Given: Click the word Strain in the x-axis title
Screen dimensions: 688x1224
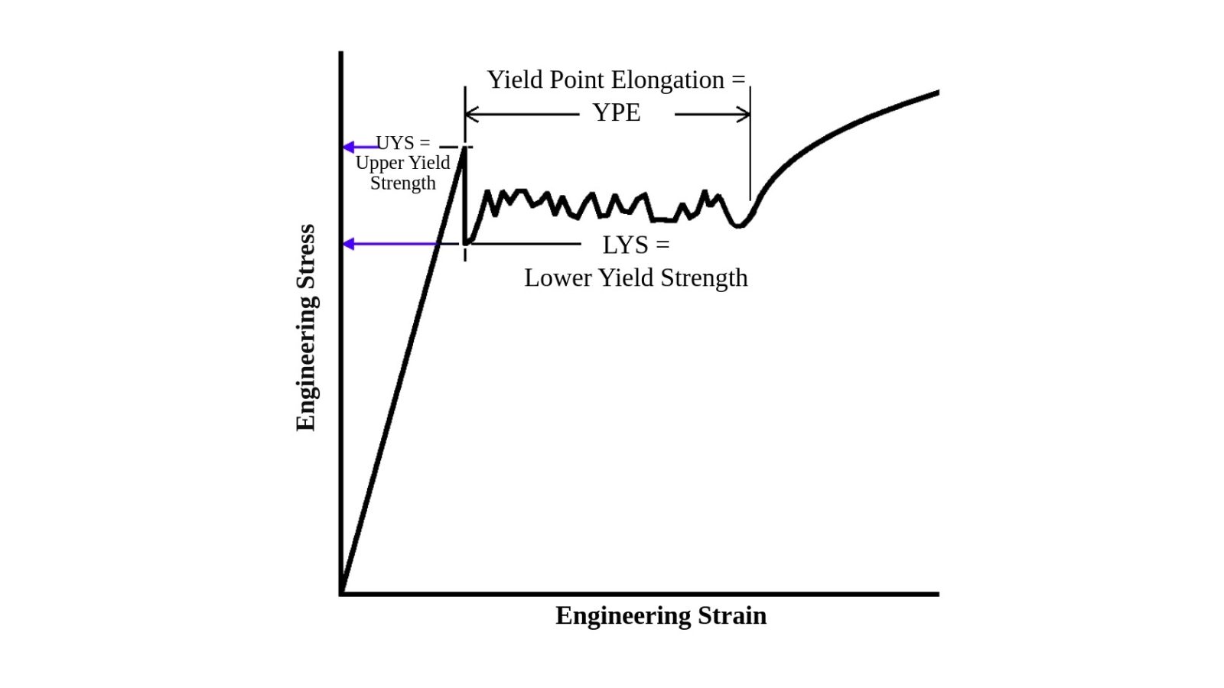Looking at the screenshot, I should pyautogui.click(x=731, y=615).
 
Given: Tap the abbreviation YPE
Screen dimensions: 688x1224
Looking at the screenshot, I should pyautogui.click(x=617, y=113).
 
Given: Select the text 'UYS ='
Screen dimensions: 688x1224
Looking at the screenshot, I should pyautogui.click(x=403, y=143).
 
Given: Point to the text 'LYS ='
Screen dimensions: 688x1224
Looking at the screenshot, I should pyautogui.click(x=636, y=245).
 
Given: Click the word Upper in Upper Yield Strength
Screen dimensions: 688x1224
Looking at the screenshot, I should pyautogui.click(x=380, y=163).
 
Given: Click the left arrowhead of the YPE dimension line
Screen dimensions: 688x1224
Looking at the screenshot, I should pyautogui.click(x=469, y=115).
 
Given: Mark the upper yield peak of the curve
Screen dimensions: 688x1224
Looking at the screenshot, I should pyautogui.click(x=464, y=148).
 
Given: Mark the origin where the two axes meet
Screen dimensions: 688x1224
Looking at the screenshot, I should pyautogui.click(x=341, y=593).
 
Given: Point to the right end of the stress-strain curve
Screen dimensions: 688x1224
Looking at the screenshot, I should pyautogui.click(x=937, y=92).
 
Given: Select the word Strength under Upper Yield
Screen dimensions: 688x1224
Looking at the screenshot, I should pyautogui.click(x=403, y=183).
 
